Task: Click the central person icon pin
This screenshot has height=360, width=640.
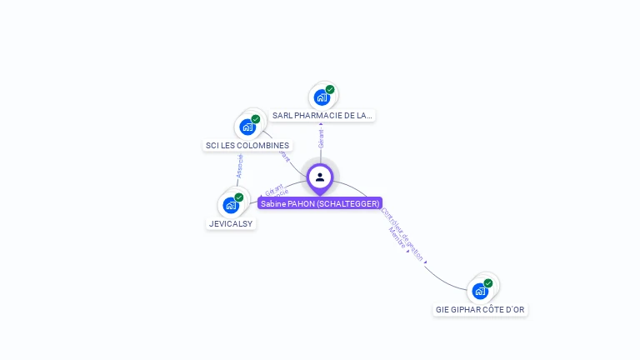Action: point(320,177)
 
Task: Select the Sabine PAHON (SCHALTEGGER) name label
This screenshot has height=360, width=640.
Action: point(320,203)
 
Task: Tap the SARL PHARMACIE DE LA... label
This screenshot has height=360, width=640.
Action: point(322,115)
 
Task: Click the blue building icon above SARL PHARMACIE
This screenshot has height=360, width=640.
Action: point(322,97)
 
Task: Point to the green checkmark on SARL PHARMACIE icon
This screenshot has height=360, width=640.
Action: point(330,89)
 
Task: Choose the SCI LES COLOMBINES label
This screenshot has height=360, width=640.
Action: point(247,145)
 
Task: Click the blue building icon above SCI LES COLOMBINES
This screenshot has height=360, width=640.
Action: point(247,127)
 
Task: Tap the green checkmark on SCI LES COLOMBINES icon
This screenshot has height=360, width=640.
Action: point(256,119)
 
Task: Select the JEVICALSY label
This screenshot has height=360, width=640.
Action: point(231,223)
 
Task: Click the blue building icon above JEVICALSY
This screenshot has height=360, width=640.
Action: point(231,205)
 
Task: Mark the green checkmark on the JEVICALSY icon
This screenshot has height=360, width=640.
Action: point(239,197)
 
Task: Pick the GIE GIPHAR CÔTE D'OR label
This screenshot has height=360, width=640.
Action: point(480,309)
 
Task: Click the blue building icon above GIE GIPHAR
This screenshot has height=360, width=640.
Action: point(480,291)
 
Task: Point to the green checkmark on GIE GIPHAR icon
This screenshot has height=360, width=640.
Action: point(488,283)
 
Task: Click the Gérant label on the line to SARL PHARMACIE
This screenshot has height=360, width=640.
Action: point(321,138)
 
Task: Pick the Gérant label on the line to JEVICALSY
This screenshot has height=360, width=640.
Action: point(274,189)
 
